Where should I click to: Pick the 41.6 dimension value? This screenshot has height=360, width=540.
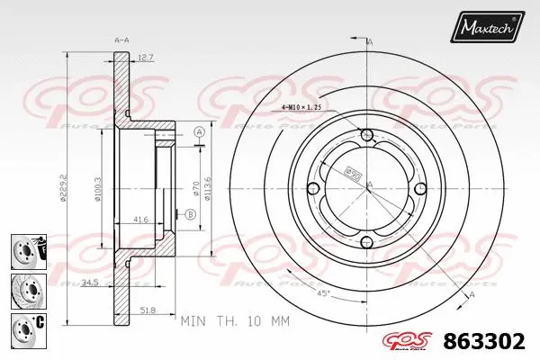click(140, 218)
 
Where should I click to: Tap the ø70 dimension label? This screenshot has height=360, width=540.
click(195, 190)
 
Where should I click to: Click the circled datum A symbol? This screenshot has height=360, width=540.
click(200, 132)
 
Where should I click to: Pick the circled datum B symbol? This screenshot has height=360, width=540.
click(191, 214)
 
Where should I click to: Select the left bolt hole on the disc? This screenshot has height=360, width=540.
click(312, 188)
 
